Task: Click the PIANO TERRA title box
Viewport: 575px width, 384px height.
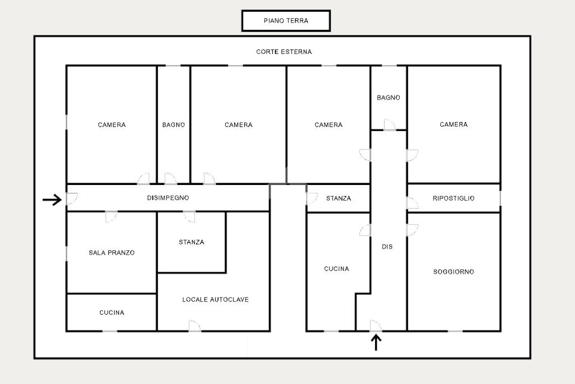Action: [x=286, y=21]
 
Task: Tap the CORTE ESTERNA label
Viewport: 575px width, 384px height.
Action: [x=284, y=52]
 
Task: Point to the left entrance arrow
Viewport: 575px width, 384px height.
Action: [x=52, y=200]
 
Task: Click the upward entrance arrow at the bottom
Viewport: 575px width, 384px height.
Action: [x=376, y=342]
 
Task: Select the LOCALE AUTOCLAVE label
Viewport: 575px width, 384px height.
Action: [x=215, y=300]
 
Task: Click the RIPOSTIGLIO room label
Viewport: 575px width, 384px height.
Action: [x=454, y=198]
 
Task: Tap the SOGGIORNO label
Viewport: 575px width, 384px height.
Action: [x=454, y=272]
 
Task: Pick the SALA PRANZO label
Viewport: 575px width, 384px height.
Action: [x=112, y=252]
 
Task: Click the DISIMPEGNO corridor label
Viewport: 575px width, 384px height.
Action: [x=168, y=198]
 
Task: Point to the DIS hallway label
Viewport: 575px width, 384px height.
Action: [x=387, y=247]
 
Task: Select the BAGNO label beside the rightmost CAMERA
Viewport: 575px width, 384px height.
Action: [x=389, y=98]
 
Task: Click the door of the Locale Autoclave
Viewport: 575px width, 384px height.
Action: [x=195, y=326]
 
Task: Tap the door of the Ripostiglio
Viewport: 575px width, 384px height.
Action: [x=412, y=203]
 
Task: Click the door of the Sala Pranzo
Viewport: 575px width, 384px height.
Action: [x=111, y=216]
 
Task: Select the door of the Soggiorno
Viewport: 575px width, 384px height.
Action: [x=412, y=230]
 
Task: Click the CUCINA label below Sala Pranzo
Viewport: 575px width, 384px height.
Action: [x=112, y=313]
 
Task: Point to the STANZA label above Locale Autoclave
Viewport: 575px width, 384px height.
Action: [x=191, y=242]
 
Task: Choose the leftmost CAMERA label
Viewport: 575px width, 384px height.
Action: [x=112, y=125]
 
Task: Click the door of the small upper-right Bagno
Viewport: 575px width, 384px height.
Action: [x=390, y=125]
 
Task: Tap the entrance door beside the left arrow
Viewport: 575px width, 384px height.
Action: [x=72, y=198]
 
